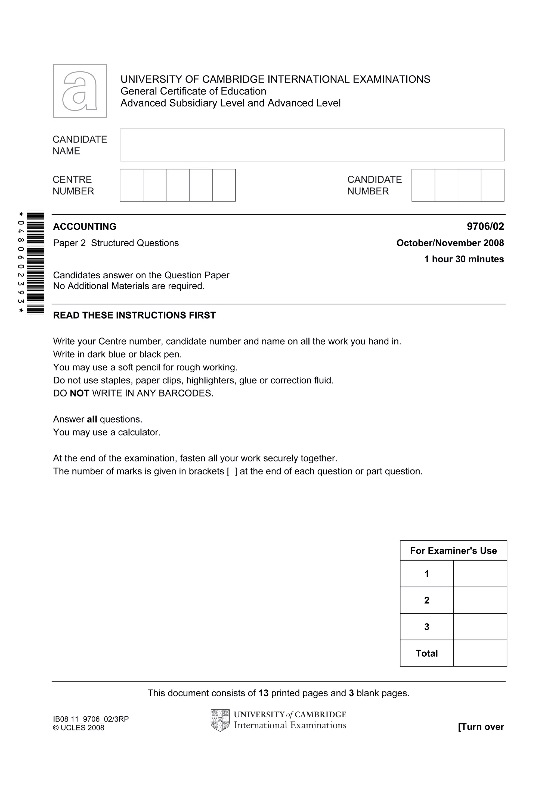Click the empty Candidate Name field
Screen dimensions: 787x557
[312, 145]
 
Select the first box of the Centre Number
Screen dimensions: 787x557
[131, 185]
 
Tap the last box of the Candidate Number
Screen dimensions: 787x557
[493, 185]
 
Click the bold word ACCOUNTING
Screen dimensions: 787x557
[85, 226]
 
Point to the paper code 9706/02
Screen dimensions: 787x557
[485, 226]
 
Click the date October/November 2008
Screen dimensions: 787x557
[450, 243]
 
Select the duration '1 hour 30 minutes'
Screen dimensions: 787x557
[464, 259]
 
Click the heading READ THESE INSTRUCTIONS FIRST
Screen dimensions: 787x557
[134, 315]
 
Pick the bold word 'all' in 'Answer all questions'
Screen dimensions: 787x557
[92, 419]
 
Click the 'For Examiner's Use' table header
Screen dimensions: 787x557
[453, 550]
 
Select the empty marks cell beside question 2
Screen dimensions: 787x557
[480, 600]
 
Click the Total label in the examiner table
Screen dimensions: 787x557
[426, 653]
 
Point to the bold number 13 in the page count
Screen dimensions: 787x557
[263, 693]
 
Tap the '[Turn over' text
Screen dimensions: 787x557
[481, 727]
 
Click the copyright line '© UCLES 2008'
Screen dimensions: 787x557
[79, 728]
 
